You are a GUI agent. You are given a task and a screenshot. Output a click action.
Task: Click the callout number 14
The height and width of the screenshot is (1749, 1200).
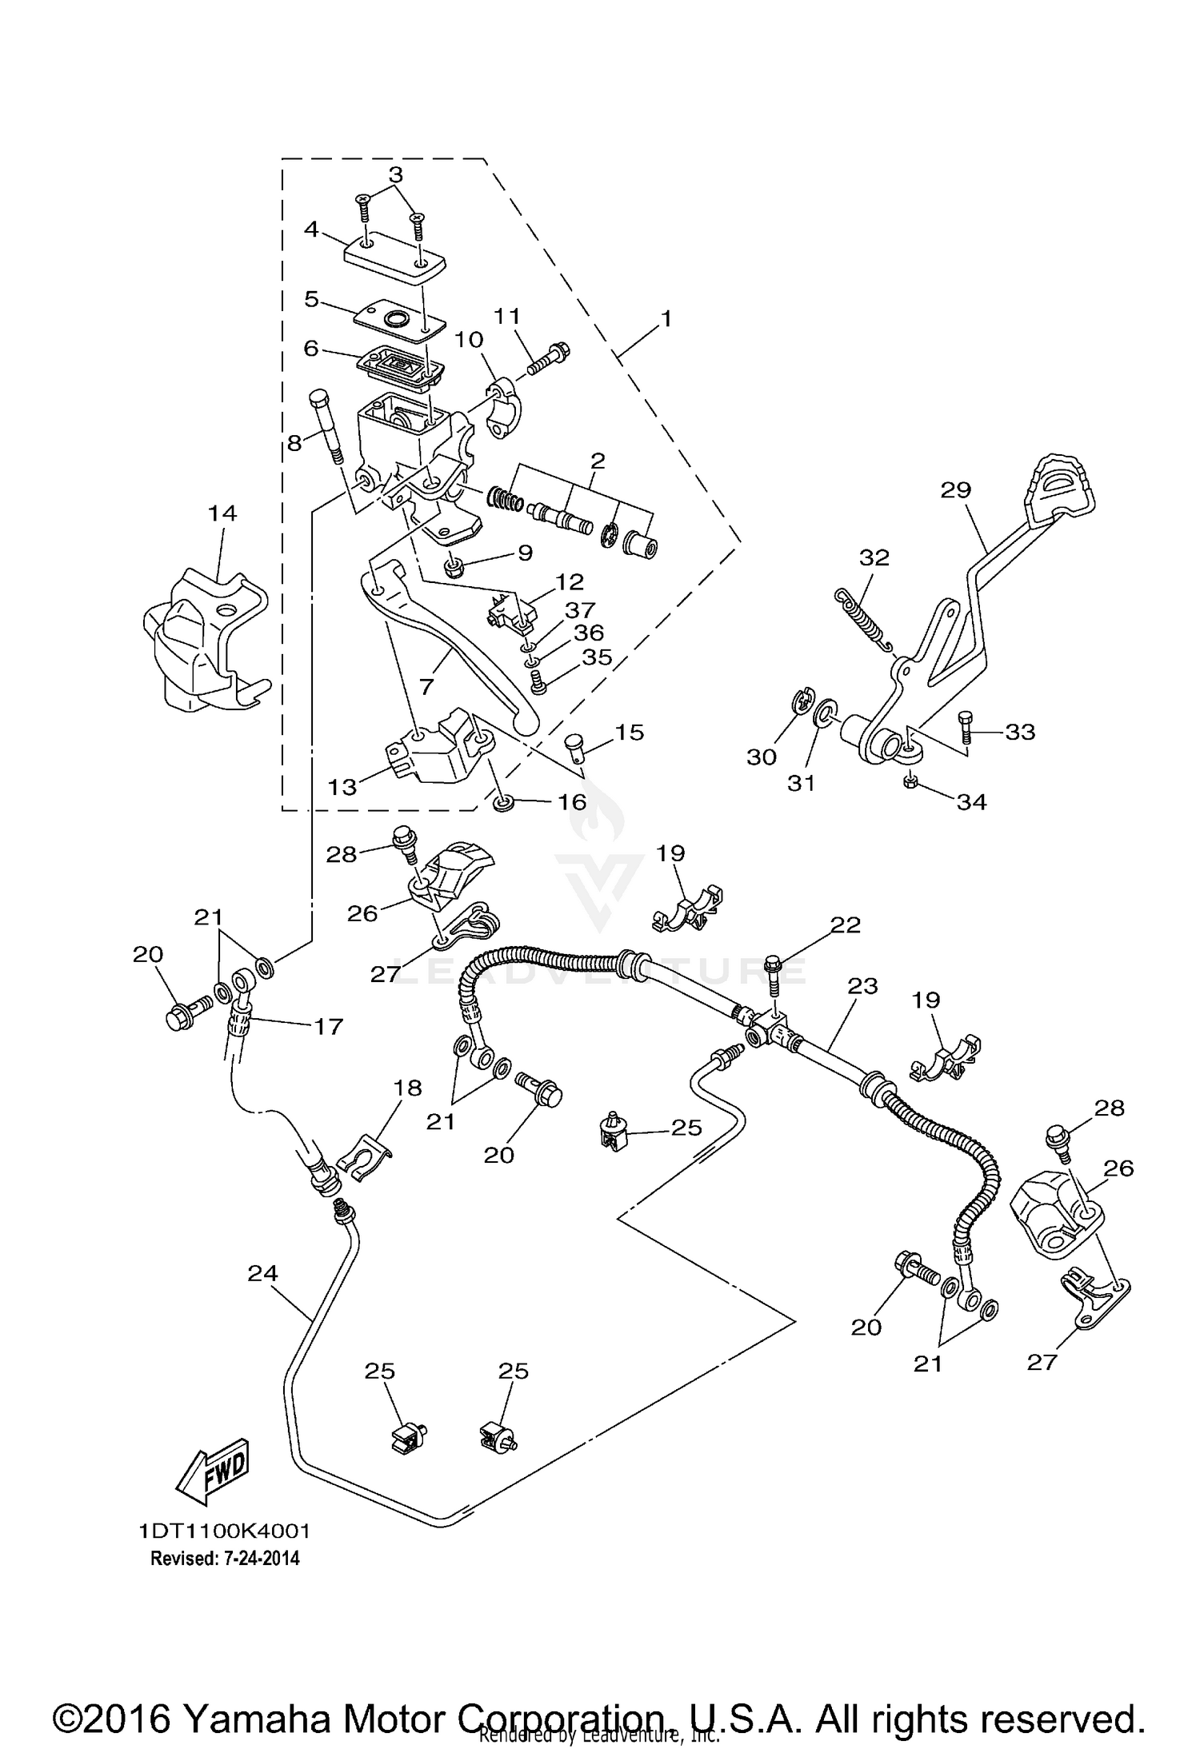(x=222, y=513)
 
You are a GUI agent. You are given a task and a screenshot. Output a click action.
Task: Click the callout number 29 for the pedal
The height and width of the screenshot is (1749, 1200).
(x=955, y=489)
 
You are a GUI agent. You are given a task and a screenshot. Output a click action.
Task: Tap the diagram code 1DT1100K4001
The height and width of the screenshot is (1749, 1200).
(x=224, y=1531)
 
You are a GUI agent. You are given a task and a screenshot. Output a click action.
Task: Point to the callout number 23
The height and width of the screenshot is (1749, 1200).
(x=862, y=986)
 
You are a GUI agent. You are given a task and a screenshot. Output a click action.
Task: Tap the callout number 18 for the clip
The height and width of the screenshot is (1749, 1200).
(x=407, y=1088)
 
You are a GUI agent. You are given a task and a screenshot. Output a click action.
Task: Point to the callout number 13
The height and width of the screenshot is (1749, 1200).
(x=342, y=787)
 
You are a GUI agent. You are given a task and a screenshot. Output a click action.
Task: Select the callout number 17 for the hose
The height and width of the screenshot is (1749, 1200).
(x=328, y=1026)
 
